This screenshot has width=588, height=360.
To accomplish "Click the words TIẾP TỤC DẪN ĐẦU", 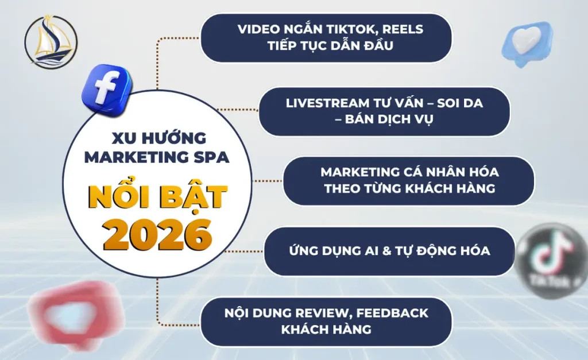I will (330, 46).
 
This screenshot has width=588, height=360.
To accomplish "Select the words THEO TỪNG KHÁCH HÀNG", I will (409, 189).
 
